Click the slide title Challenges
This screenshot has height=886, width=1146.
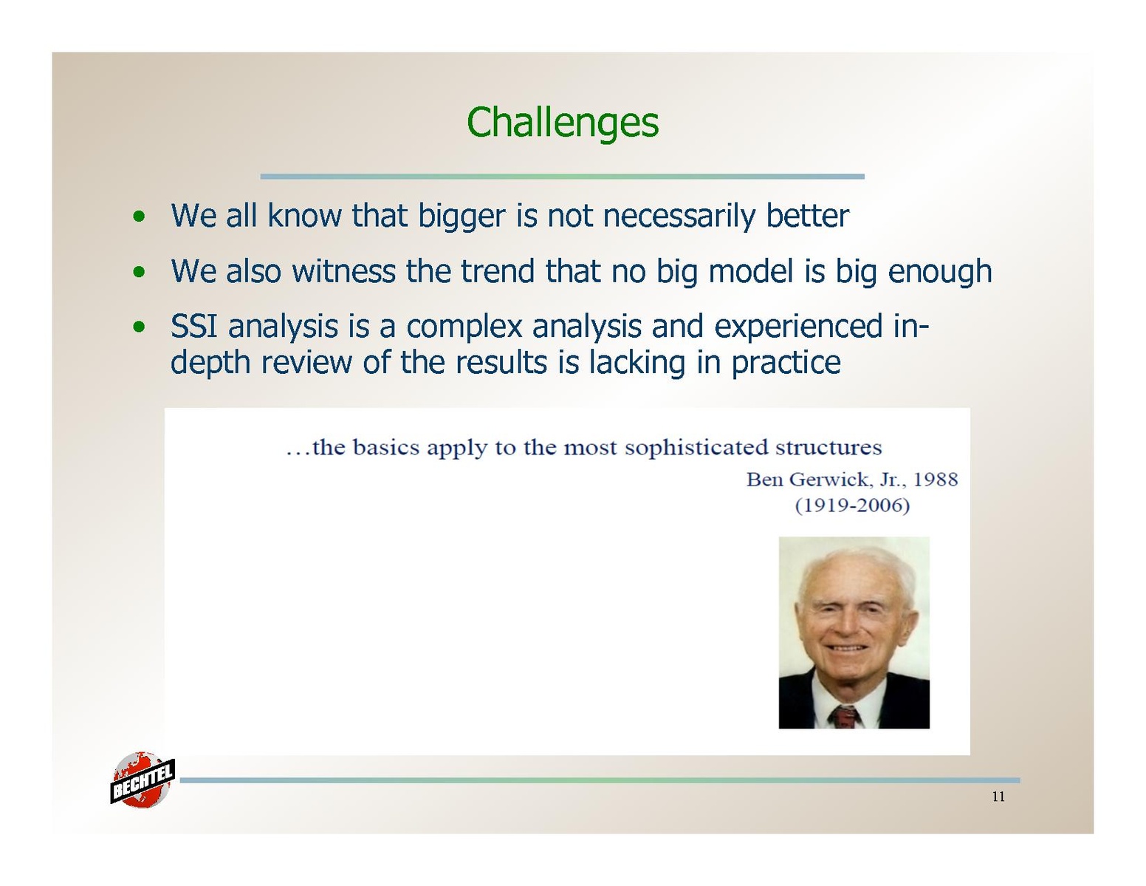(562, 123)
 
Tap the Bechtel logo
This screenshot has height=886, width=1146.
(142, 780)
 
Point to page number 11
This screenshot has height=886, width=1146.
(998, 797)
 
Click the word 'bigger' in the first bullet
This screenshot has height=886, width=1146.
(462, 217)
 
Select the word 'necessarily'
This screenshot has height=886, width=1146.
(679, 217)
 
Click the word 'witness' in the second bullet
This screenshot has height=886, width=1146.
(344, 271)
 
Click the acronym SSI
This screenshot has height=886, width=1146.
(193, 326)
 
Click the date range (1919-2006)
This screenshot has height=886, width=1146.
(852, 505)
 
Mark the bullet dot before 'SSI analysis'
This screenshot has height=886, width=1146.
(139, 327)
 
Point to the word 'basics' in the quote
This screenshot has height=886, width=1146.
(386, 448)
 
